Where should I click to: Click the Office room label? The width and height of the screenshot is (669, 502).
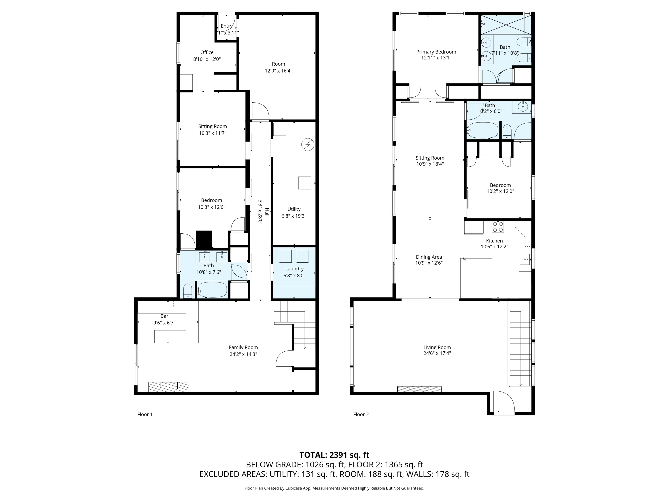tap(207, 52)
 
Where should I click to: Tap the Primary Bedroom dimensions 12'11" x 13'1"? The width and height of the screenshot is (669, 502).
tap(436, 58)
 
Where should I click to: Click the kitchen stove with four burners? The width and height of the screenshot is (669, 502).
tap(498, 227)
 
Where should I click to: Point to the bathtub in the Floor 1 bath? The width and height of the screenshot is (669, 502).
tap(212, 290)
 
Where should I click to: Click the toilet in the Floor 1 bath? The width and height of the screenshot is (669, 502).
tap(188, 291)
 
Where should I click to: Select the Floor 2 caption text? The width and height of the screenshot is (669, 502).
tap(361, 415)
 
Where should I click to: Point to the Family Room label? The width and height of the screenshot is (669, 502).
tap(243, 347)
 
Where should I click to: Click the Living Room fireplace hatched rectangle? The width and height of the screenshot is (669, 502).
tap(419, 389)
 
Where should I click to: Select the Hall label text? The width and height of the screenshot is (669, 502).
tap(267, 212)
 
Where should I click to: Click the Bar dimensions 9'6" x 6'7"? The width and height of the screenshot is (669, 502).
tap(164, 323)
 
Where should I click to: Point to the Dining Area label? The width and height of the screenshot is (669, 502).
tap(429, 257)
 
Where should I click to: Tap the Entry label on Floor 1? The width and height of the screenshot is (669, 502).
tap(227, 26)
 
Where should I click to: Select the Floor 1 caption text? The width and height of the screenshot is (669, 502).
tap(145, 415)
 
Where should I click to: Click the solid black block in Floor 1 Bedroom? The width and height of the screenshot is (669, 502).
tap(204, 240)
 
